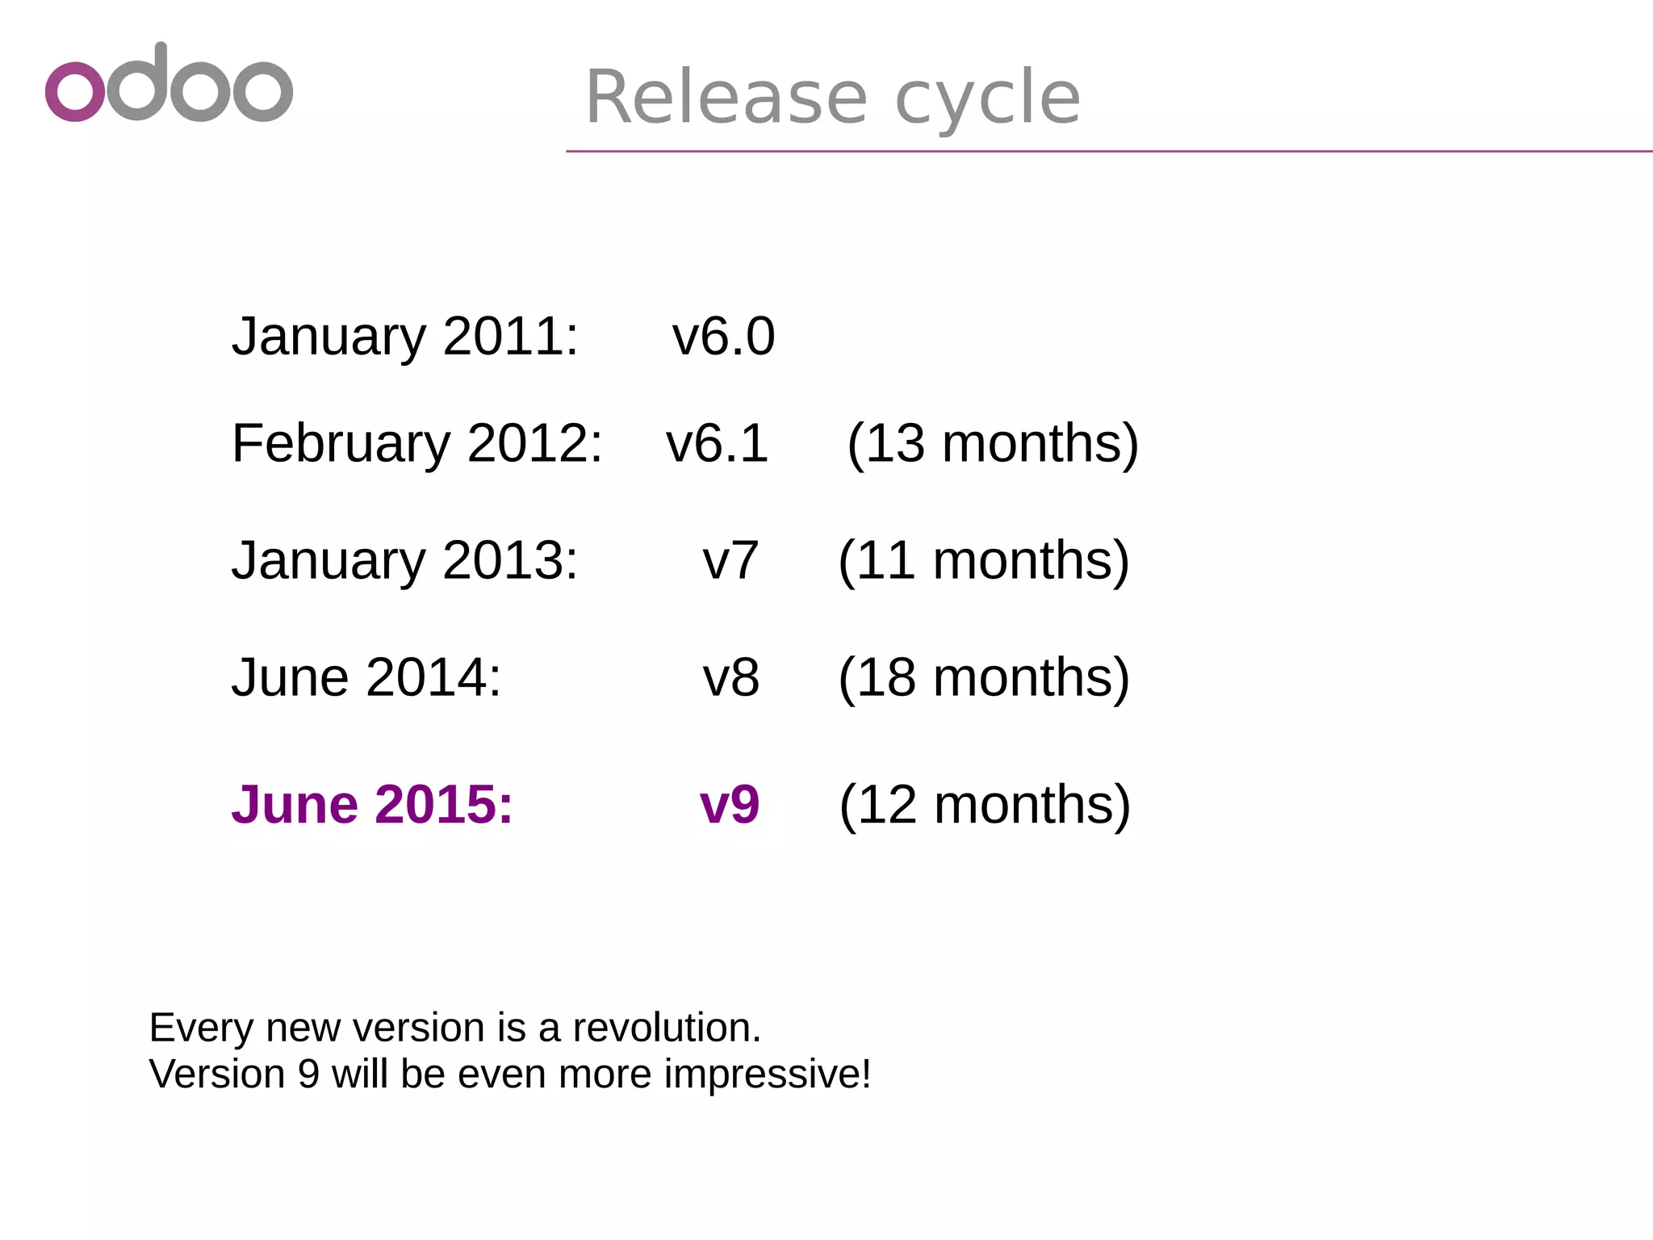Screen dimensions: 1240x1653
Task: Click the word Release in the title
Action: tap(726, 98)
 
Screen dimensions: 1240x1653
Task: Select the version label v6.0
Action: tap(723, 336)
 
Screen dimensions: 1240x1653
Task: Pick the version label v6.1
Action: tap(717, 443)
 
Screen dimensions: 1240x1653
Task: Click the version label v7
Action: tap(730, 560)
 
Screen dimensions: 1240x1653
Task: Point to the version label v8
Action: tap(730, 677)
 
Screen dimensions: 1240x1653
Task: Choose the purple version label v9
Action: tap(730, 805)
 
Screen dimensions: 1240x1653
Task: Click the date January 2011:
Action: tap(405, 336)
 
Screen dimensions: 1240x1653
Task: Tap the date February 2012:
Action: tap(416, 443)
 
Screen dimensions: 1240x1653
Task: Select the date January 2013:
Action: tap(405, 560)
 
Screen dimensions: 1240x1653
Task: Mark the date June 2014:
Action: tap(366, 677)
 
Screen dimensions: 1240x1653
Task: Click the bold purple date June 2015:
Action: tap(372, 805)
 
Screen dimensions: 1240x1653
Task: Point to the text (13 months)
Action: tap(993, 443)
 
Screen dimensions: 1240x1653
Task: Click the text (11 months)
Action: tap(984, 560)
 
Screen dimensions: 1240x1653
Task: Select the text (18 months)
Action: tap(984, 677)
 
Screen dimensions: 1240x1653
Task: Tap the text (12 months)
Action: tap(985, 805)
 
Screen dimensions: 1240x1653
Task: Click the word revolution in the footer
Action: tap(666, 1028)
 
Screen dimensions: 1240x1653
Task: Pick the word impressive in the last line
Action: tap(766, 1075)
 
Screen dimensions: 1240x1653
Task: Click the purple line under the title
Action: tap(1109, 151)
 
